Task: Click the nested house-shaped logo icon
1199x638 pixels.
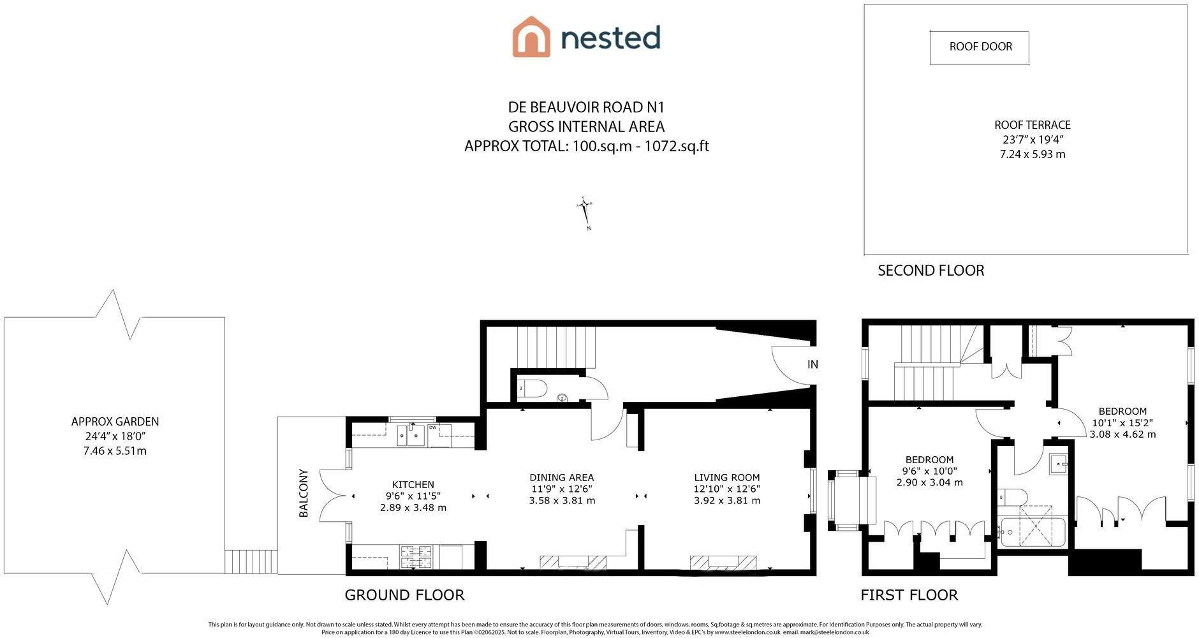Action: click(x=531, y=37)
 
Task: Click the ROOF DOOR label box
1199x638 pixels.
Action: click(x=980, y=47)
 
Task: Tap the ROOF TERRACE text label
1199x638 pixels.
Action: click(x=1033, y=125)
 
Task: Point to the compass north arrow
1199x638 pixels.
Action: click(x=585, y=213)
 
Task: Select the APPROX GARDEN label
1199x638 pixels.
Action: click(x=115, y=422)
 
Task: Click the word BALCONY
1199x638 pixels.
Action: click(x=304, y=493)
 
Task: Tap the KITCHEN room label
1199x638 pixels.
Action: click(x=413, y=485)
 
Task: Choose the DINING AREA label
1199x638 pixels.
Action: click(x=562, y=477)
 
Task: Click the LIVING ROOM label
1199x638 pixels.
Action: click(x=727, y=477)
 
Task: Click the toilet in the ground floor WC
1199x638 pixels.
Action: click(x=532, y=388)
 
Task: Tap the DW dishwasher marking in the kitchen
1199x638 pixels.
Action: click(x=433, y=427)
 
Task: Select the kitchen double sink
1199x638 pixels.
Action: click(x=411, y=435)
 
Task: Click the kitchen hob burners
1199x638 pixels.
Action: click(x=416, y=557)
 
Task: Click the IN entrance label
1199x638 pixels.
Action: click(x=812, y=364)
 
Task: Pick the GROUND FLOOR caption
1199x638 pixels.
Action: click(x=404, y=595)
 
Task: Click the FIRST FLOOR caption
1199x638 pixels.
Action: click(x=909, y=595)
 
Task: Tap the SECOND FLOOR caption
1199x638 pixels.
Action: click(x=931, y=271)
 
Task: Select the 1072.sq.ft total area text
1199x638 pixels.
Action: click(x=677, y=146)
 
